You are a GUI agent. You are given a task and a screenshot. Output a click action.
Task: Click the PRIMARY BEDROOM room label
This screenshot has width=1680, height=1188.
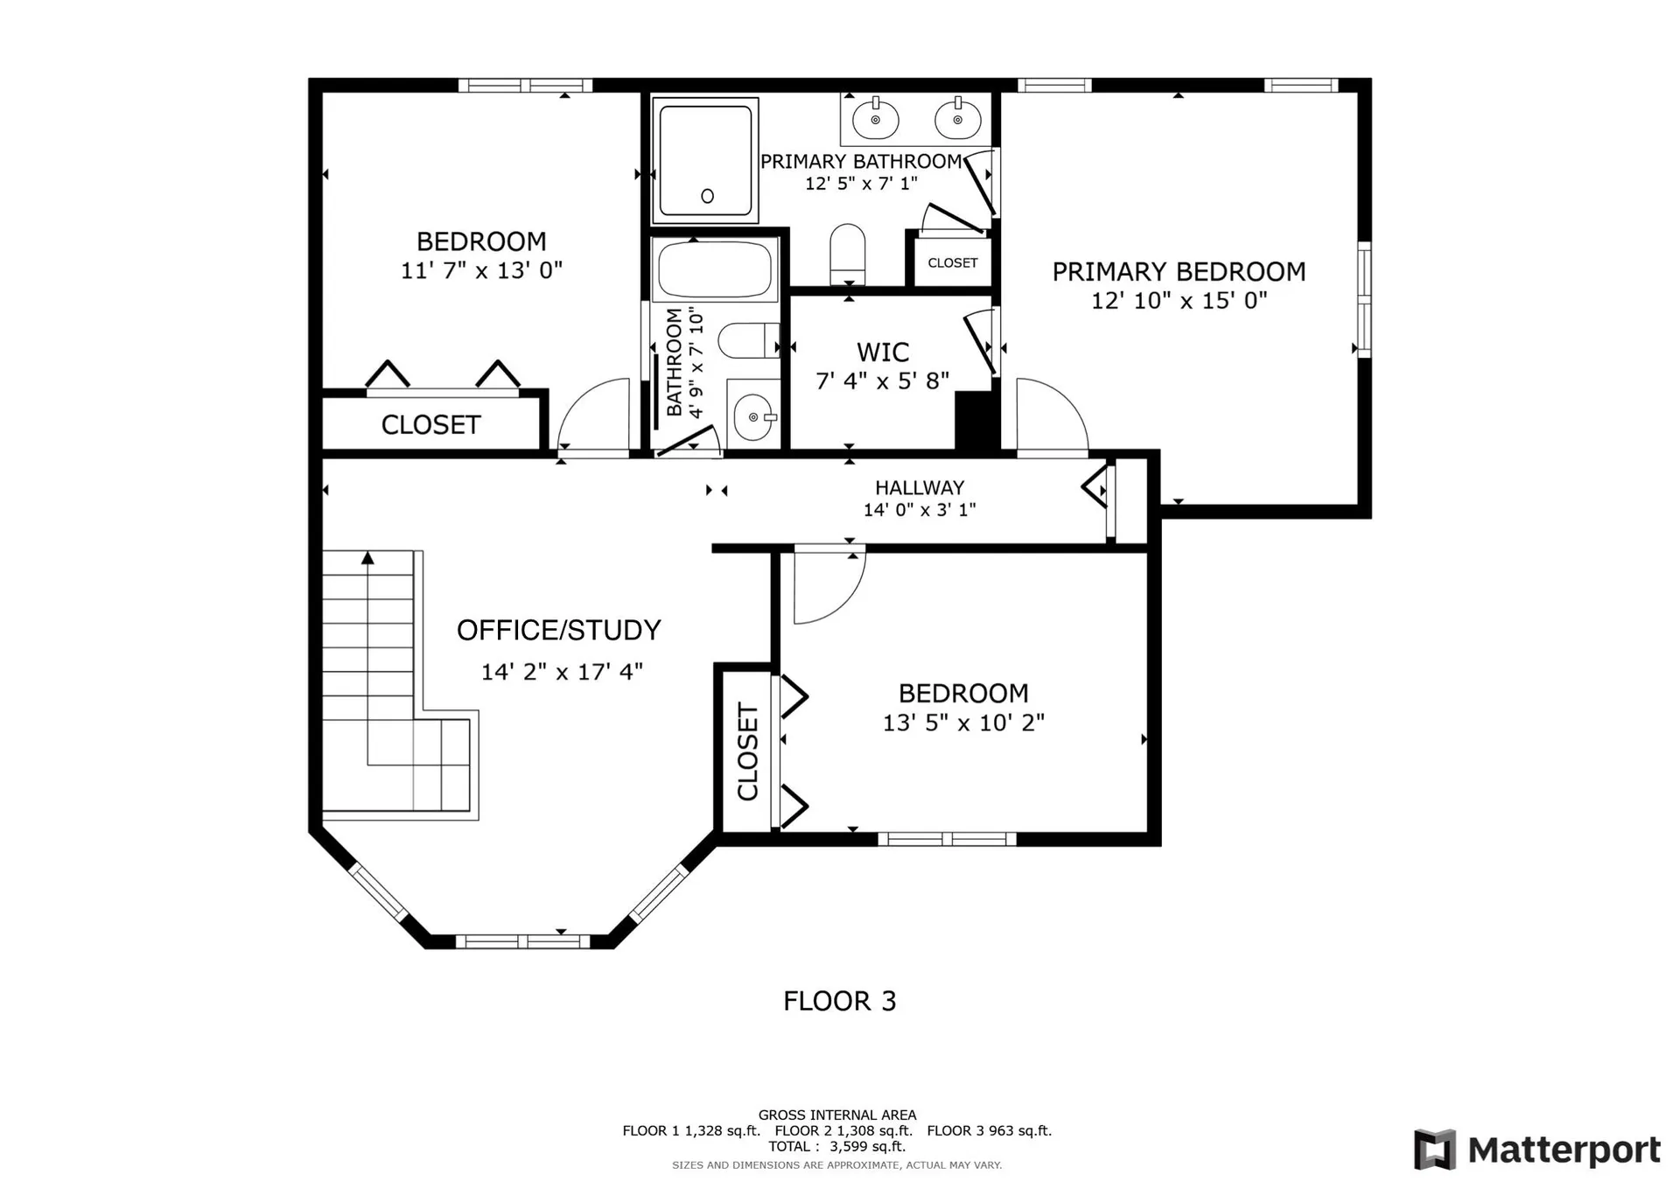[1179, 272]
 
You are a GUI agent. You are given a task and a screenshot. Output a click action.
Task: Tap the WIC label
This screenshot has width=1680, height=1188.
[883, 353]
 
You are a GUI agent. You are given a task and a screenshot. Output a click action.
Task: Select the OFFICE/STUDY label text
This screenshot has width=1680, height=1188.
[558, 630]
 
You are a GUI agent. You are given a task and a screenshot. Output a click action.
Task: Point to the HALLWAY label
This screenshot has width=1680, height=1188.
[920, 488]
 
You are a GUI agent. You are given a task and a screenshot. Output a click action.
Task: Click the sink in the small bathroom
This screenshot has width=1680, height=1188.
[752, 417]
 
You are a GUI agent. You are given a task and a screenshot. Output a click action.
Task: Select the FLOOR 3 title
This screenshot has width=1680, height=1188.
[840, 1001]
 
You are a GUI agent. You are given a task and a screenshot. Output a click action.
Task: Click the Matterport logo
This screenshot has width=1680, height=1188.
[1537, 1150]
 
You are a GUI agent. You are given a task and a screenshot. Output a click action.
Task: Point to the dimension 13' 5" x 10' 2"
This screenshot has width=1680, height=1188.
[963, 723]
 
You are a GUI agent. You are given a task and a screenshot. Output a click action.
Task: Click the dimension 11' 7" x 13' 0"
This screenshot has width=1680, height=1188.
[481, 270]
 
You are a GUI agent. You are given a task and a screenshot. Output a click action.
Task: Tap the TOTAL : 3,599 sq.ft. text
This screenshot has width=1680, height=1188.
[837, 1146]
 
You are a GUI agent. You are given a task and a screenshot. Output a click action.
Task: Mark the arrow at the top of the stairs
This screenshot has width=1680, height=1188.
[368, 557]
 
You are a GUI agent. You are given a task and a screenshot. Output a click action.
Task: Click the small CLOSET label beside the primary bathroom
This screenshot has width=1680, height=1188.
[953, 262]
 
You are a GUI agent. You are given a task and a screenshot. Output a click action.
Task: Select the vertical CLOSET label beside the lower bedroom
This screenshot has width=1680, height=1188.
[747, 751]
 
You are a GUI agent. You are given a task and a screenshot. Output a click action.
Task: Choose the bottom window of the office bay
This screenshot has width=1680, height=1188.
[522, 941]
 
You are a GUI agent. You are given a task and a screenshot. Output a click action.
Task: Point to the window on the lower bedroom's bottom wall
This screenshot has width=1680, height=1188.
[947, 839]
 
